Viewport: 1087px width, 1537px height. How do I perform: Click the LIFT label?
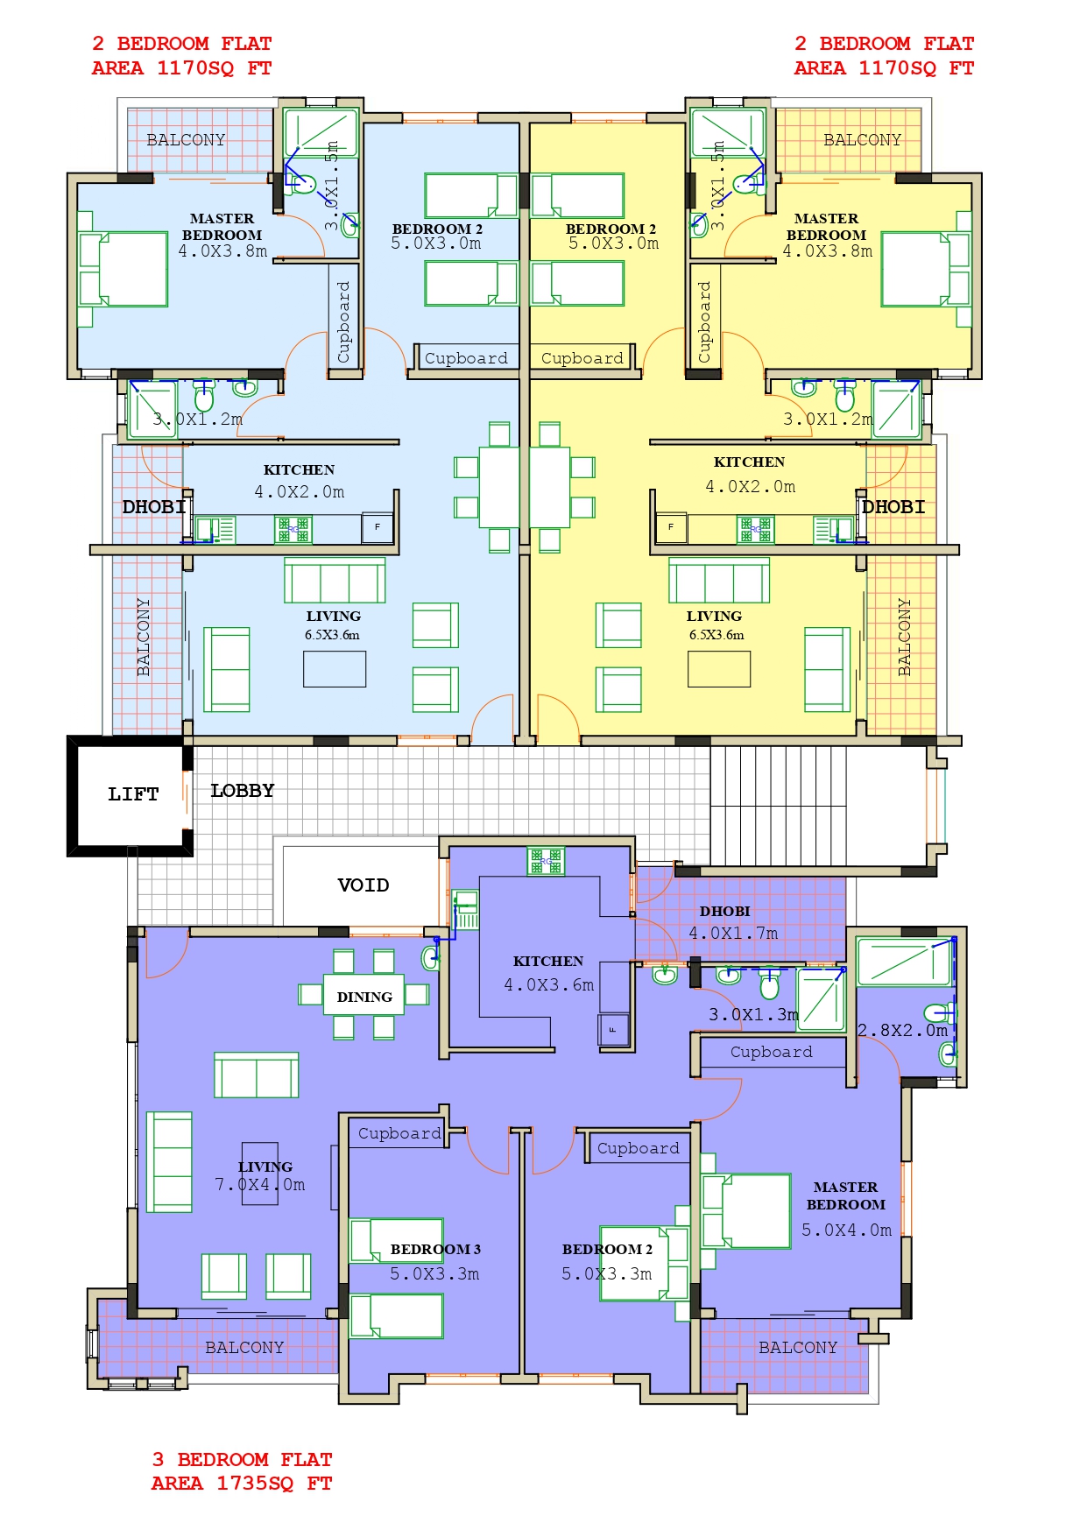pos(133,794)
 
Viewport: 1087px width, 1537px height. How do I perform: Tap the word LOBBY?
pos(243,791)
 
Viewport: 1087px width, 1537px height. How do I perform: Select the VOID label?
pos(364,885)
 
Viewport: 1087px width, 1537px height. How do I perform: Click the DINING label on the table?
pos(364,998)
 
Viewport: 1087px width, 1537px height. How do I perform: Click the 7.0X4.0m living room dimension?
pos(260,1185)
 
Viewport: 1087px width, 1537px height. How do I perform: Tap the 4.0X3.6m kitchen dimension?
pos(548,985)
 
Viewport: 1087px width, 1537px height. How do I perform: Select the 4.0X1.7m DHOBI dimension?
pos(733,934)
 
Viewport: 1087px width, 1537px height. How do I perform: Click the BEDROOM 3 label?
pos(435,1250)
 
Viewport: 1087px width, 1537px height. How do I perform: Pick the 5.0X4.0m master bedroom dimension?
pos(846,1230)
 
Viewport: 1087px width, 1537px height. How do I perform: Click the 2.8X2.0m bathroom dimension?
pos(902,1031)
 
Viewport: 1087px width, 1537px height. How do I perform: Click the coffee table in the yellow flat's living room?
pos(719,669)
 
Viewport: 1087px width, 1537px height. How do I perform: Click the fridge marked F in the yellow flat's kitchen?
pos(672,527)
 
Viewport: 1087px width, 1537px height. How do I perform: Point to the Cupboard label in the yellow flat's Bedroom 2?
pos(582,358)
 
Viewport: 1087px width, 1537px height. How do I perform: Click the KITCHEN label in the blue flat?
pos(299,470)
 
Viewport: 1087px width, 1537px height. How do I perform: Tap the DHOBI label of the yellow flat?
pos(893,507)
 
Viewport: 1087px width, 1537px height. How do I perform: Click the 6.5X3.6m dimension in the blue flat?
pos(332,635)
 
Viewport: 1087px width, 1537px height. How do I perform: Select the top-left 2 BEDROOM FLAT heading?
pos(182,44)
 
